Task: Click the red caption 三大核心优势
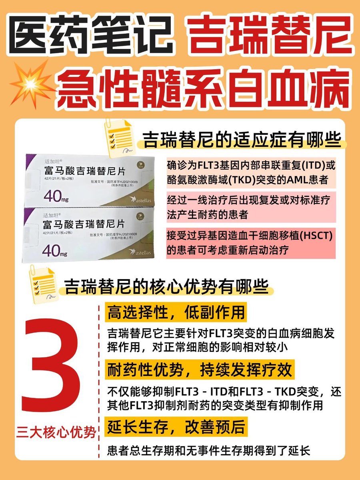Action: tap(56, 433)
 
